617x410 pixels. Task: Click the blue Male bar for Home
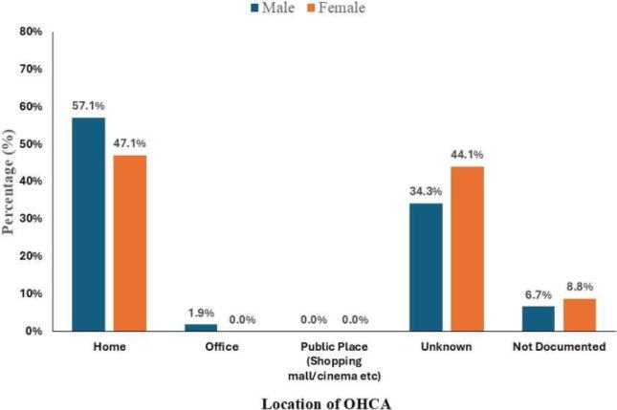(88, 224)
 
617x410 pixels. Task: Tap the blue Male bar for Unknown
(426, 267)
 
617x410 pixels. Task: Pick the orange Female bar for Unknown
(467, 248)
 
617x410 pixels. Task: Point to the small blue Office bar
(201, 327)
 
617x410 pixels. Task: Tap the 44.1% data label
(467, 155)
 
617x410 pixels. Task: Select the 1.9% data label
(201, 312)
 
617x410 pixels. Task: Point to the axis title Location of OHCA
(326, 403)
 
